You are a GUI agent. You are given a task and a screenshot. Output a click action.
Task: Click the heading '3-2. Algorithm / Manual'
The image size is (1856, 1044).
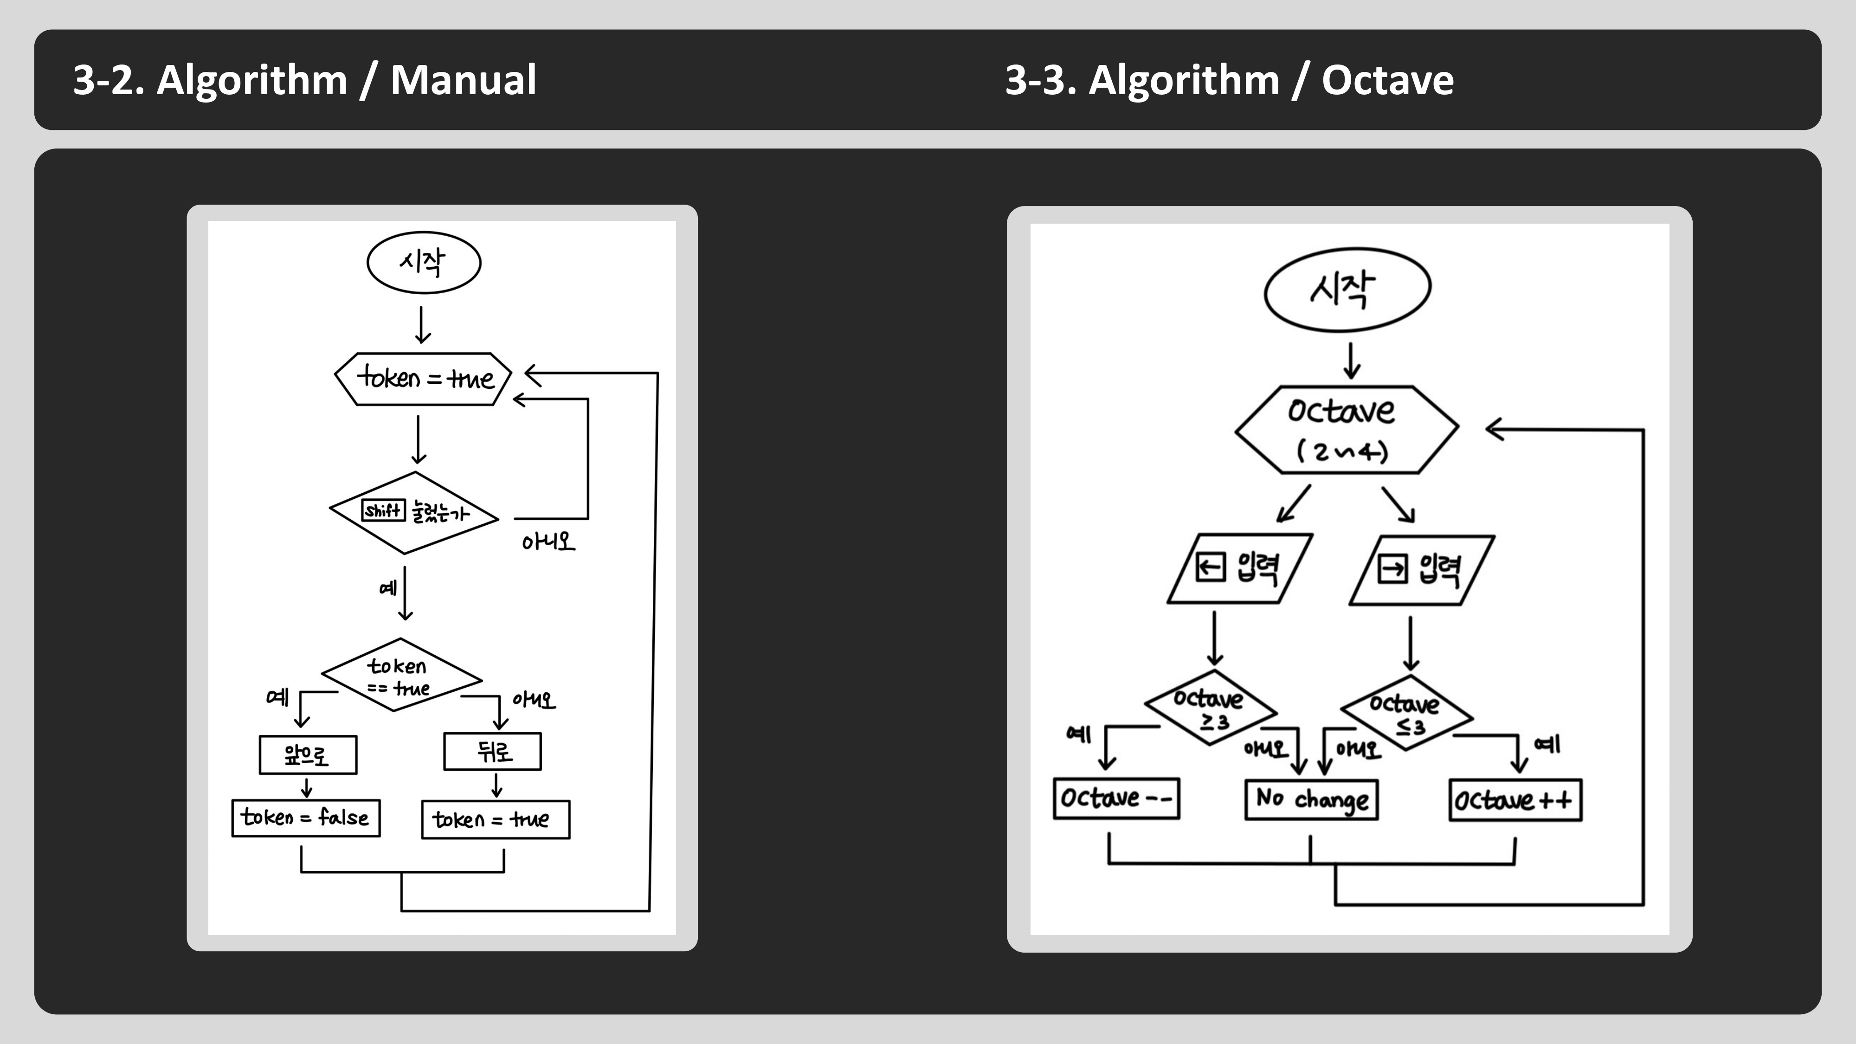tap(305, 79)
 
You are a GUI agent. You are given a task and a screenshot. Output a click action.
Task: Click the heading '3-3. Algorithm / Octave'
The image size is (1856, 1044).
tap(1229, 79)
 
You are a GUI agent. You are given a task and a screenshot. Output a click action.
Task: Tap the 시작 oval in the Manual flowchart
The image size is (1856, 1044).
tap(424, 262)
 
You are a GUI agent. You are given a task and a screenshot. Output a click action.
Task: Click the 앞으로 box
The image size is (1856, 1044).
tap(308, 755)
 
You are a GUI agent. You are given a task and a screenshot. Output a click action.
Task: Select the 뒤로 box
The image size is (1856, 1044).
tap(492, 752)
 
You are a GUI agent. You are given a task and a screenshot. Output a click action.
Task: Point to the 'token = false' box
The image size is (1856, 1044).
tap(305, 818)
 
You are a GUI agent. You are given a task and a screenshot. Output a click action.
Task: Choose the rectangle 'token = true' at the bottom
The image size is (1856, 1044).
tap(495, 820)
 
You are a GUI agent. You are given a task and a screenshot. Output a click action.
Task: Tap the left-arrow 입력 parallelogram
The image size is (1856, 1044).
tap(1239, 568)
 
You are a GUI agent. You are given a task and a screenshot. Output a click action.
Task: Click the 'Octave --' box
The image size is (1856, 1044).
tap(1116, 798)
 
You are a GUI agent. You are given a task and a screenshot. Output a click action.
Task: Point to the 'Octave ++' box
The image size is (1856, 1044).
tap(1514, 800)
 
